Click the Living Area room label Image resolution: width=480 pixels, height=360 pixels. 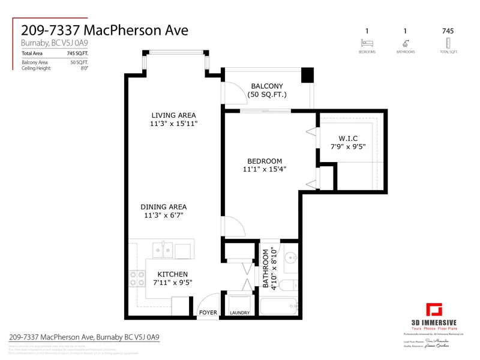click(173, 115)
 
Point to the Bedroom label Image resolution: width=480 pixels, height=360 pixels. click(265, 161)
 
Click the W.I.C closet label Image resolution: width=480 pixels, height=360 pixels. click(347, 137)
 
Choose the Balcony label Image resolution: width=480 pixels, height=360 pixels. click(268, 86)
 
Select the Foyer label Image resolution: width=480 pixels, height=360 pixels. click(208, 313)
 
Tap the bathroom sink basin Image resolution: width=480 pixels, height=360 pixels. click(290, 259)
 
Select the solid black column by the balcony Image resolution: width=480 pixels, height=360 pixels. click(307, 76)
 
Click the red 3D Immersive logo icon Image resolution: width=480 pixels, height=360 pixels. click(434, 310)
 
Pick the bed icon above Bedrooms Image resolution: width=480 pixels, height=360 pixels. click(367, 43)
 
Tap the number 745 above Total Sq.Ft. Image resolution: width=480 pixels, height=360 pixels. click(447, 31)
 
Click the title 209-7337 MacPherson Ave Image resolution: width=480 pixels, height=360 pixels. click(104, 29)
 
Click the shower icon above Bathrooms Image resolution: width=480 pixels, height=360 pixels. click(406, 43)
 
